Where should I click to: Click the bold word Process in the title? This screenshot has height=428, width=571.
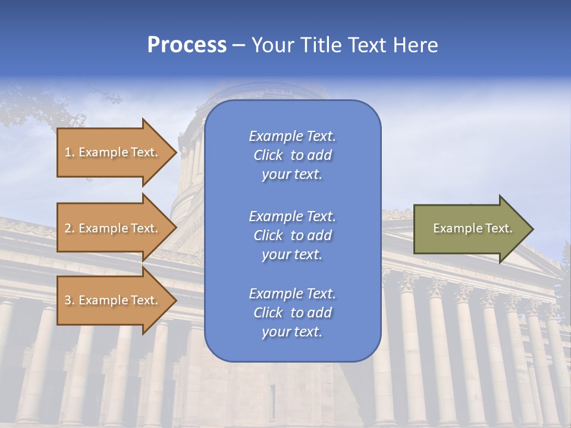coord(187,45)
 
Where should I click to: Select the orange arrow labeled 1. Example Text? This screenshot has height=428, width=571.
coord(113,152)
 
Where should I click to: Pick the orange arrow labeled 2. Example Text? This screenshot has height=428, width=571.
coord(113,228)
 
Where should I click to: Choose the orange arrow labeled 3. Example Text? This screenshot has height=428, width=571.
coord(113,300)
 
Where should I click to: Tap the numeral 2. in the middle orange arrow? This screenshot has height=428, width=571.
coord(70,228)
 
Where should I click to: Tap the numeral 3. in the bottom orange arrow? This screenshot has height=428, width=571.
coord(70,300)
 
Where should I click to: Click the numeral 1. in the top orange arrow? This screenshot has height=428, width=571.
coord(69,152)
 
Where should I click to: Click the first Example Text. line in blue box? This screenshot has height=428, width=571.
coord(292,136)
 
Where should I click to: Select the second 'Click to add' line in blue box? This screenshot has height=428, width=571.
coord(292,235)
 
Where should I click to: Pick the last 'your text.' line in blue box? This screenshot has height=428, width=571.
coord(292,332)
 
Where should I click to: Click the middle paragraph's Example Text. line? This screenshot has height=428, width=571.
coord(292,216)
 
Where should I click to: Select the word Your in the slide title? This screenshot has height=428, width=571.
coord(272,45)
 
